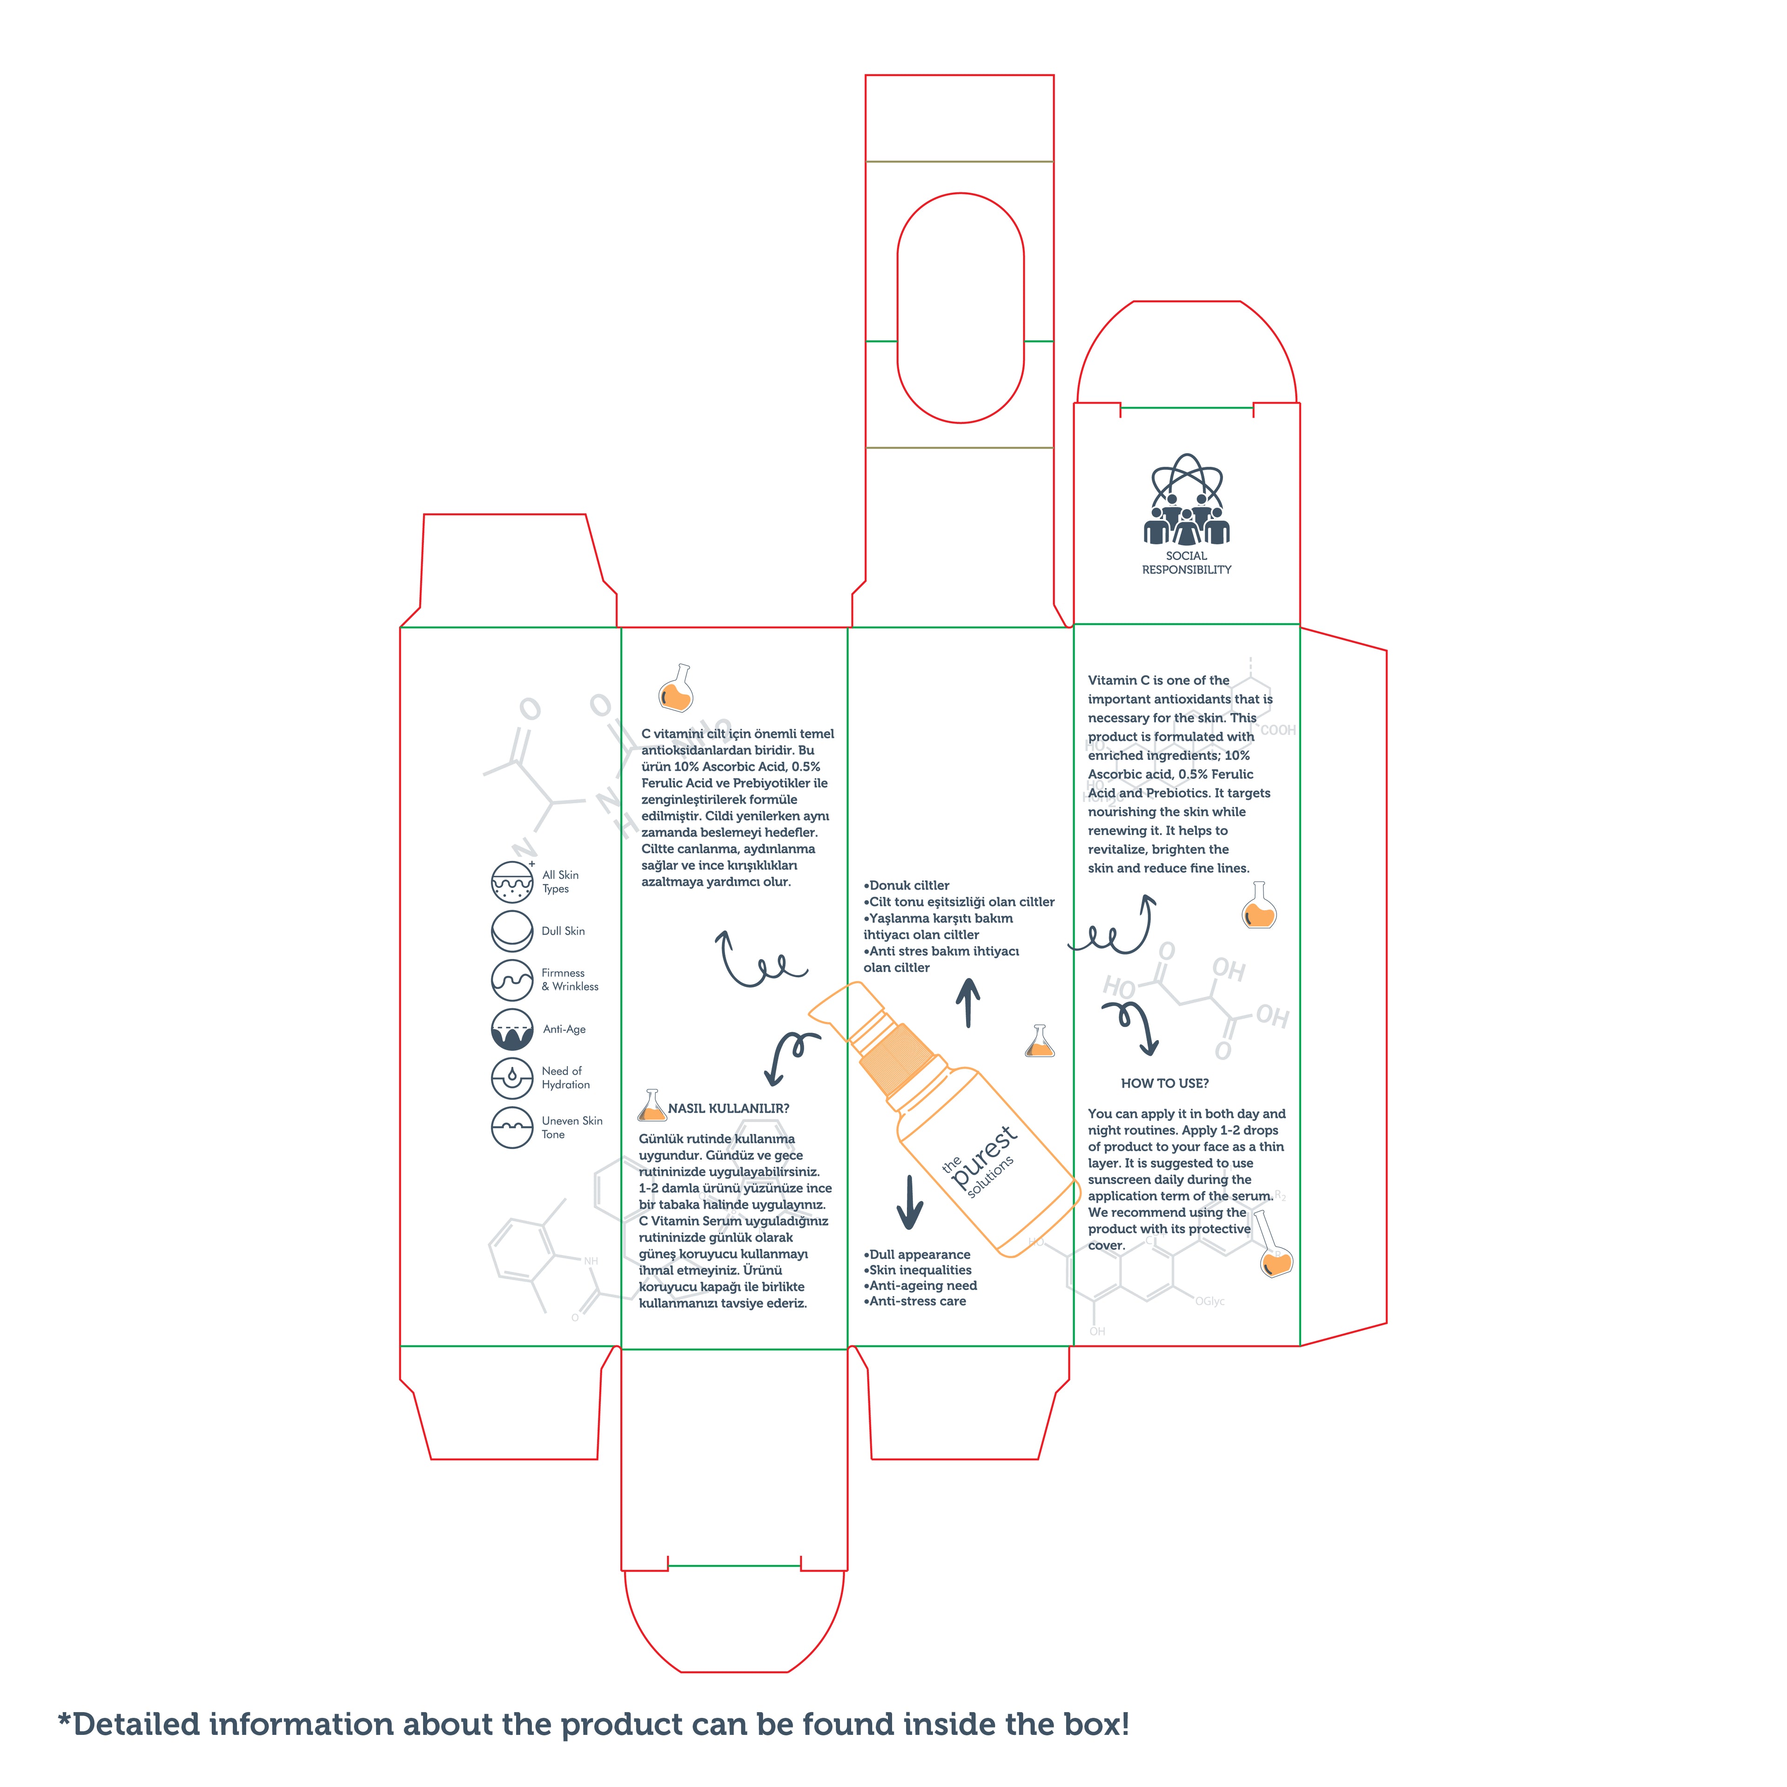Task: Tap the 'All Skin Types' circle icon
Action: (511, 881)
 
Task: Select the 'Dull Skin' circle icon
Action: (511, 931)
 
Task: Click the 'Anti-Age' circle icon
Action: (511, 1028)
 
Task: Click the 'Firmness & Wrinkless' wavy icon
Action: (511, 980)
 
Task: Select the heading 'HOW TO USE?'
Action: (1164, 1083)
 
